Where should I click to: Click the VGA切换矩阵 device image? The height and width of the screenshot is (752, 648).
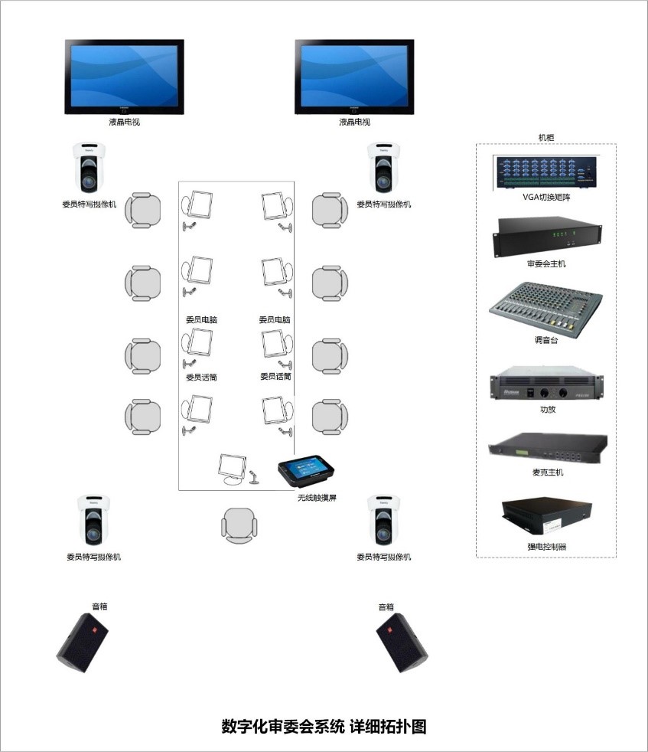click(545, 172)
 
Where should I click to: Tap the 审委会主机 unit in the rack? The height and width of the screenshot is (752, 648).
click(545, 237)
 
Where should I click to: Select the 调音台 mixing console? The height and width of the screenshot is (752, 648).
click(545, 308)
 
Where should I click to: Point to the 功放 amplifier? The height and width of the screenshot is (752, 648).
click(545, 387)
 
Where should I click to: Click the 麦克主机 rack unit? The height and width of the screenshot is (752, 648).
click(548, 450)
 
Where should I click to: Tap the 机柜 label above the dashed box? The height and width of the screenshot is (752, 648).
click(546, 137)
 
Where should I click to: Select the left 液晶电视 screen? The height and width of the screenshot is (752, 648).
click(124, 77)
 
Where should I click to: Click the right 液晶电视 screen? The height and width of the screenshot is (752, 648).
click(354, 77)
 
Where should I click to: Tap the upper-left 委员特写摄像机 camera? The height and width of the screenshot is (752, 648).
click(89, 168)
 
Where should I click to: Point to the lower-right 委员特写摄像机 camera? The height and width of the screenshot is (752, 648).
click(383, 520)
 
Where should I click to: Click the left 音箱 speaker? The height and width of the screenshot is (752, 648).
click(83, 642)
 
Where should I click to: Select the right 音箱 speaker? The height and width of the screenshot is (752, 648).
click(402, 642)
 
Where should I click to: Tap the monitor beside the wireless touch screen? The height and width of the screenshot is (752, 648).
click(231, 468)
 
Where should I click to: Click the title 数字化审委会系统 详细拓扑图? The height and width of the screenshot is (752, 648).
click(324, 726)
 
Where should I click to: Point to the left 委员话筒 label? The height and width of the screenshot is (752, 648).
click(201, 377)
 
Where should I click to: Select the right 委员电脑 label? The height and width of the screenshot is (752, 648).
click(275, 319)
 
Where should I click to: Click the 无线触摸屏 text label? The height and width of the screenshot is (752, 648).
click(317, 498)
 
